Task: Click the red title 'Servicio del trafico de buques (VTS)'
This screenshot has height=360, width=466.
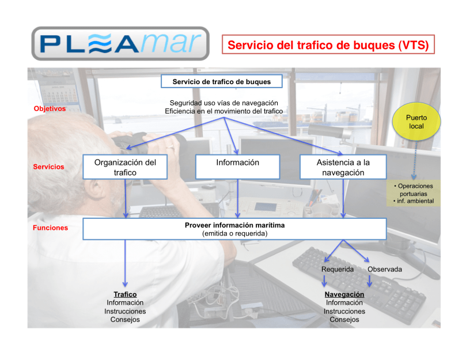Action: point(328,45)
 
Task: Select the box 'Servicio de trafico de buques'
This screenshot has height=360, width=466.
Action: point(221,82)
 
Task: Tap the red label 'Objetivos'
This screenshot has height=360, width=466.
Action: point(50,108)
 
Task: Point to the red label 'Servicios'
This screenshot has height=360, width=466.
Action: point(48,167)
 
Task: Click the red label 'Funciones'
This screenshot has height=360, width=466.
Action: point(50,228)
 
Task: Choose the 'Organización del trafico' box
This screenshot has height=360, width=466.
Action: point(125,167)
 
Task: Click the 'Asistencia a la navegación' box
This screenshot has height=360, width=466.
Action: point(343,167)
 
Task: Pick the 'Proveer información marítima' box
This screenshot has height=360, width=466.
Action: point(234,229)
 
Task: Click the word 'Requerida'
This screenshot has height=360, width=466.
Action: point(337,269)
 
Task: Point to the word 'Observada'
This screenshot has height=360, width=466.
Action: point(384,269)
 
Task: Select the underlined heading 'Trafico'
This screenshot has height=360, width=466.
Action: point(125,294)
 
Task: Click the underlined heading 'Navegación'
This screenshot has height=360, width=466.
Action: point(344,294)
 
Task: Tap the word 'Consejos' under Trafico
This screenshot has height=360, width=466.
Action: point(125,320)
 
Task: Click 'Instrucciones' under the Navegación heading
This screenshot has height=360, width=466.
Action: point(344,311)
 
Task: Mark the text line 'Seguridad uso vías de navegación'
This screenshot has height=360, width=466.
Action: point(223,103)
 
